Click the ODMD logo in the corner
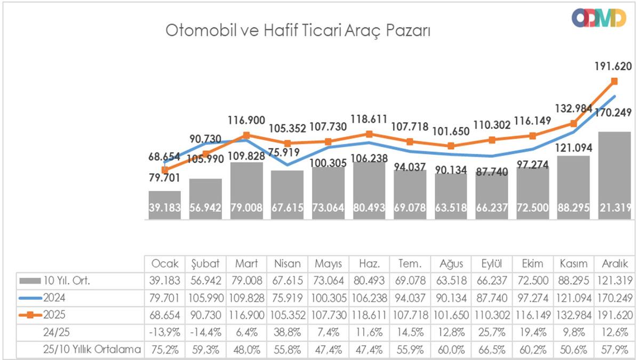(598, 18)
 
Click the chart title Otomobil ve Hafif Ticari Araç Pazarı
(298, 30)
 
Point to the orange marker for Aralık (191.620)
(614, 81)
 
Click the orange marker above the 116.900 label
(246, 135)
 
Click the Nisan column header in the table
(287, 264)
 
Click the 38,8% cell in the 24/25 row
(287, 332)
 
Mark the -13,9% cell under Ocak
(165, 332)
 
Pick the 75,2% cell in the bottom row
(165, 349)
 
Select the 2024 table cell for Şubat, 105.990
(206, 298)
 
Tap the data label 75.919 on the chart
(287, 150)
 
